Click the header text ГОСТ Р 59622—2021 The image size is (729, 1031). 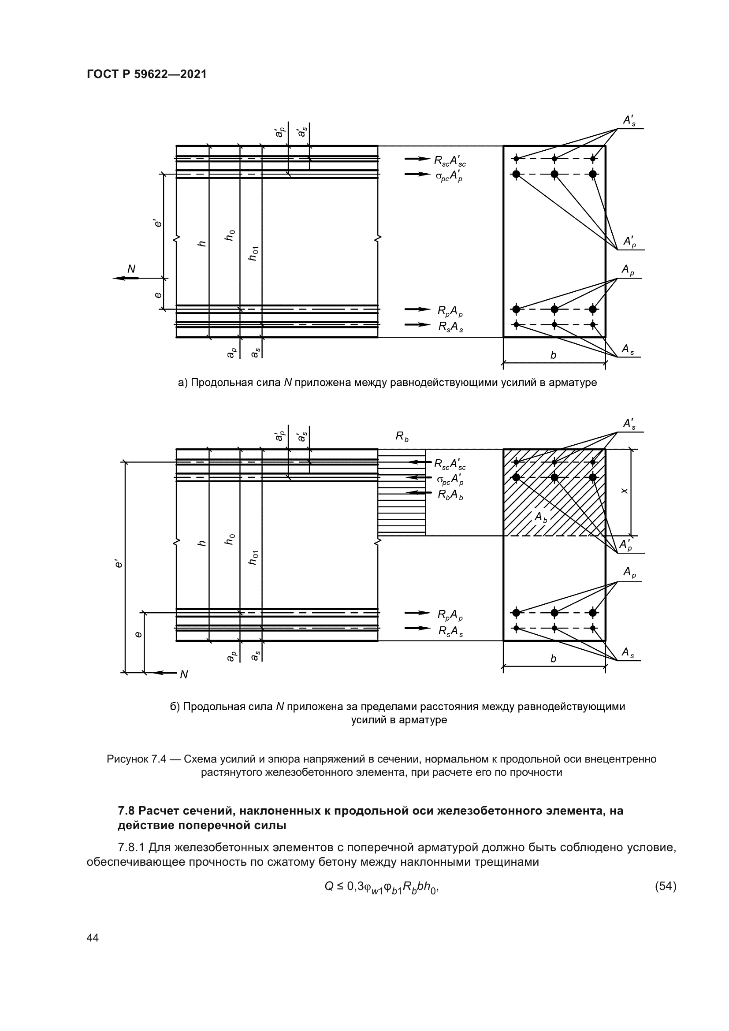click(x=147, y=74)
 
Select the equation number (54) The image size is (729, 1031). click(x=665, y=886)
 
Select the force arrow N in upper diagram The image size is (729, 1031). click(x=126, y=278)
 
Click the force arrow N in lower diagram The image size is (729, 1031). click(x=165, y=672)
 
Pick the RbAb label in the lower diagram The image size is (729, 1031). click(x=450, y=495)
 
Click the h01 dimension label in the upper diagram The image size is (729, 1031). click(x=254, y=254)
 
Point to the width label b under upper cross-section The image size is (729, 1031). click(x=553, y=355)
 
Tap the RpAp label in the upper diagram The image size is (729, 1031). click(x=450, y=310)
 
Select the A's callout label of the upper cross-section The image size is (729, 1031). click(x=629, y=120)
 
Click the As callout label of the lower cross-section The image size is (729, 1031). click(x=628, y=653)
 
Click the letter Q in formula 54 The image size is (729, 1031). click(x=329, y=886)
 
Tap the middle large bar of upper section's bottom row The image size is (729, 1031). click(x=554, y=309)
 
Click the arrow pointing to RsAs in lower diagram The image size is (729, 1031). click(x=417, y=628)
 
